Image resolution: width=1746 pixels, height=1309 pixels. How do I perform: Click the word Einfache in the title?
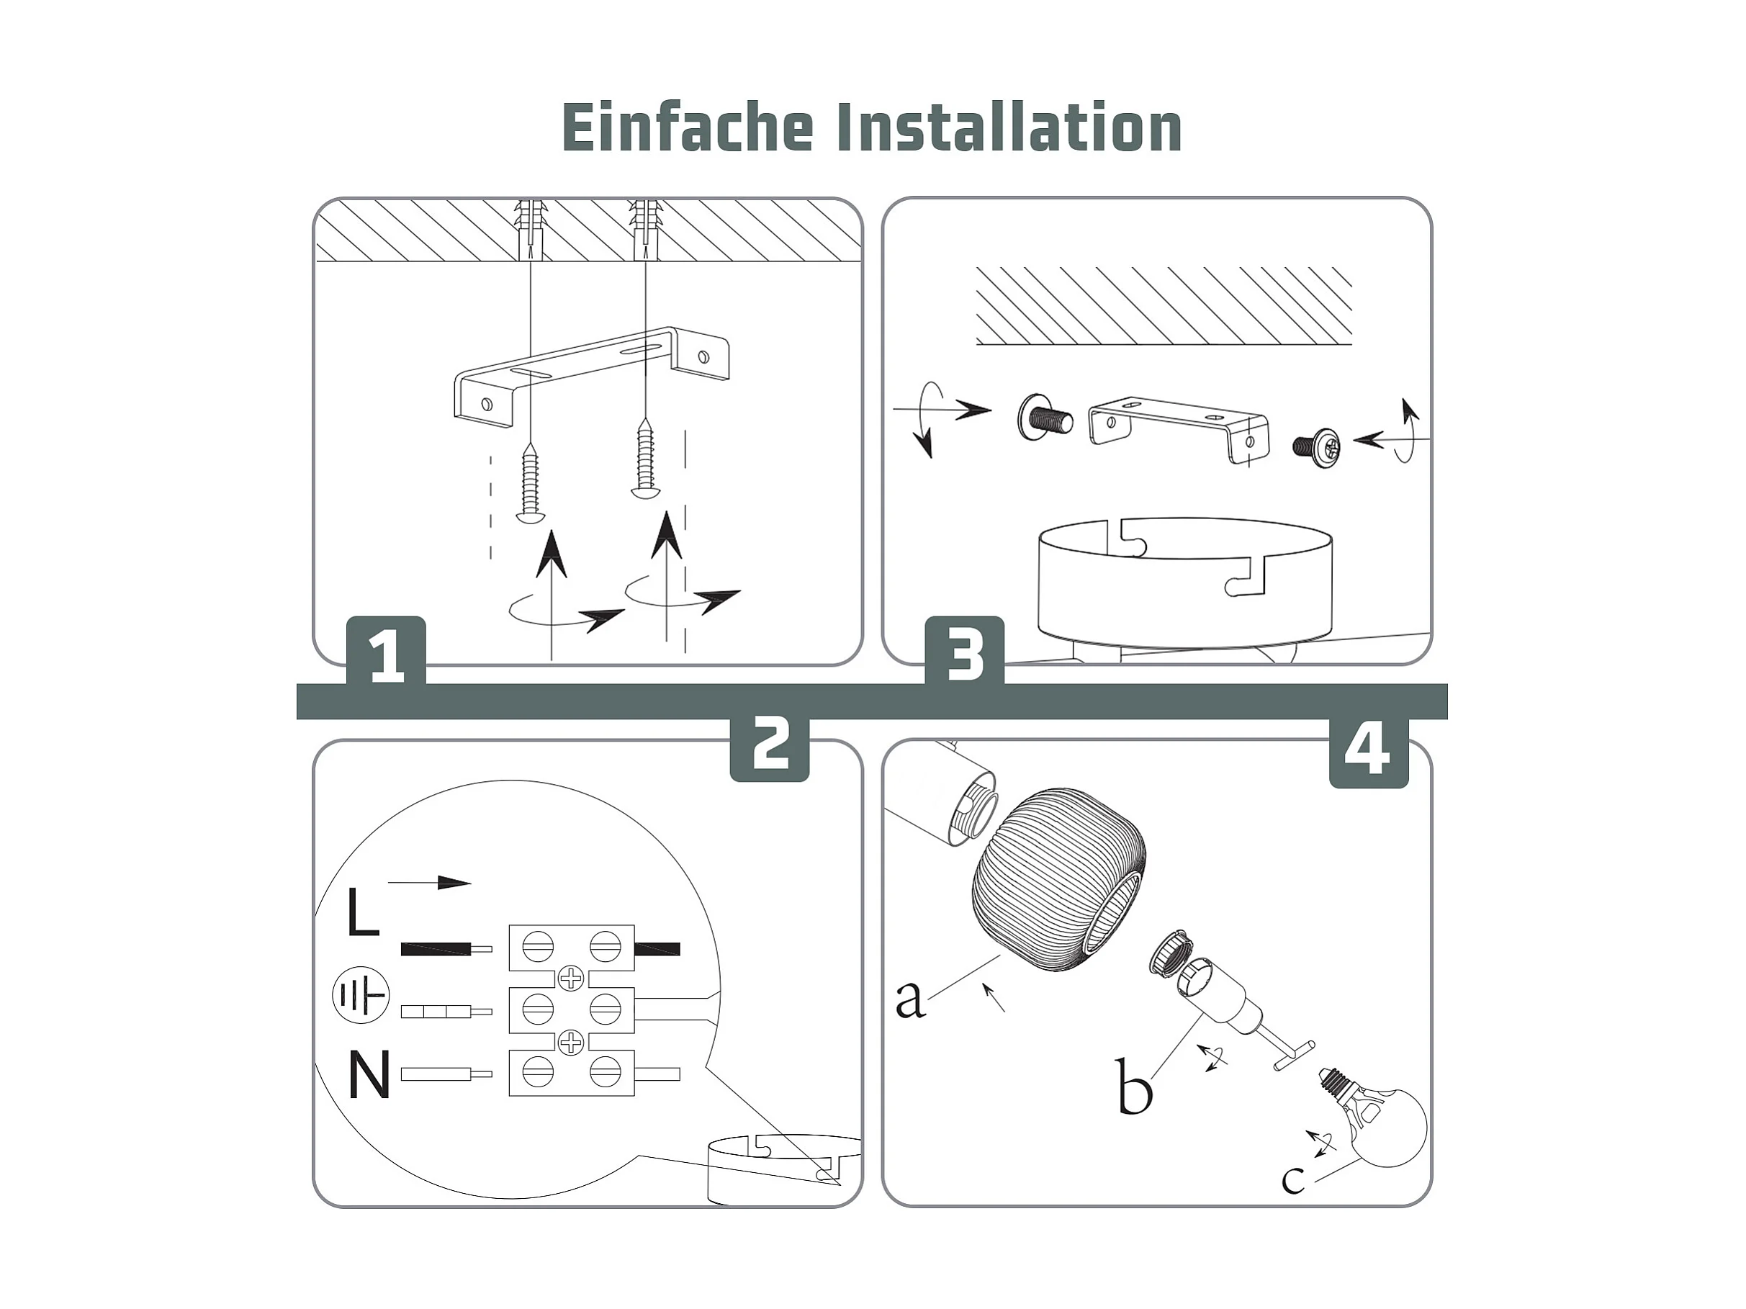pos(688,127)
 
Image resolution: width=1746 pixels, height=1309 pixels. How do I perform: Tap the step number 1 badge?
pos(386,651)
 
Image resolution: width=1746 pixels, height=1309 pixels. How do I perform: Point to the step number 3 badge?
pos(965,651)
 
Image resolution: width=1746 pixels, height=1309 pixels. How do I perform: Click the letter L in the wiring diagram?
pos(363,913)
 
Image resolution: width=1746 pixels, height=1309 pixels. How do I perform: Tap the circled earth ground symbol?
pos(361,996)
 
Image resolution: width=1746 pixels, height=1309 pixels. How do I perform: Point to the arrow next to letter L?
pos(429,882)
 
